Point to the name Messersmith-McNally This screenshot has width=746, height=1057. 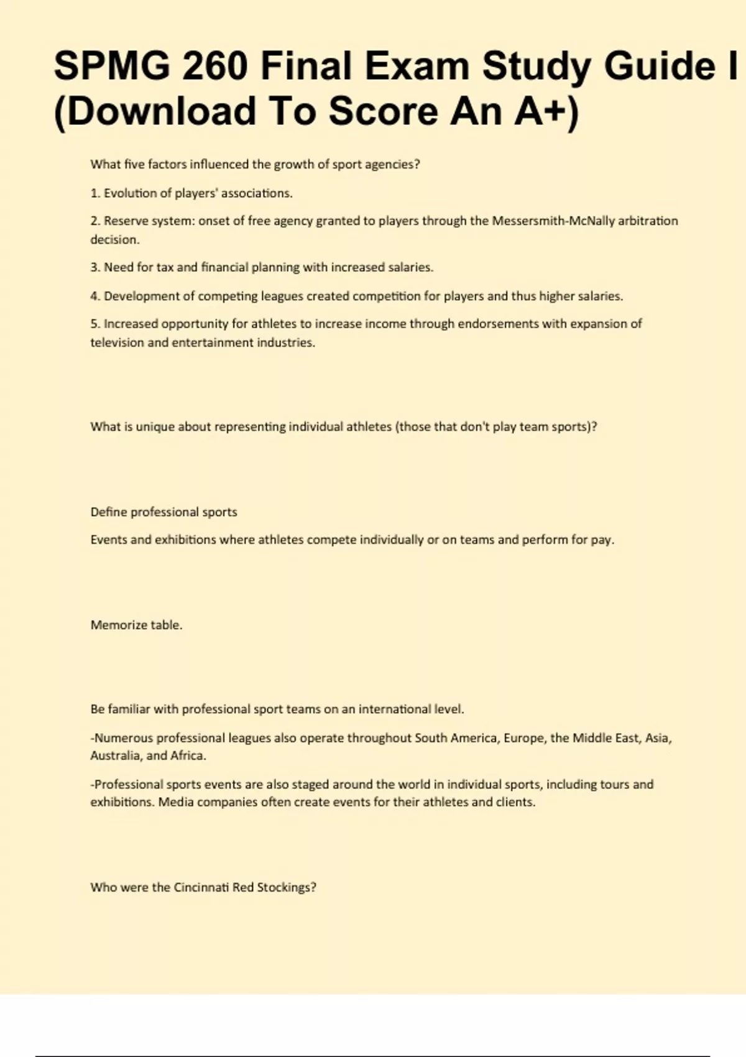click(x=553, y=221)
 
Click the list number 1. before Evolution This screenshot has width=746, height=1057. click(x=95, y=193)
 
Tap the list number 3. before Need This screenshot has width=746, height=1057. click(x=95, y=267)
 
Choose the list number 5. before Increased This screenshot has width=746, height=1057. click(x=95, y=324)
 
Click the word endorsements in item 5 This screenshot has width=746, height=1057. click(x=498, y=324)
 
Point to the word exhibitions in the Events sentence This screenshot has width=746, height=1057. click(x=185, y=540)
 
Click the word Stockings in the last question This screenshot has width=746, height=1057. click(x=287, y=887)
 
